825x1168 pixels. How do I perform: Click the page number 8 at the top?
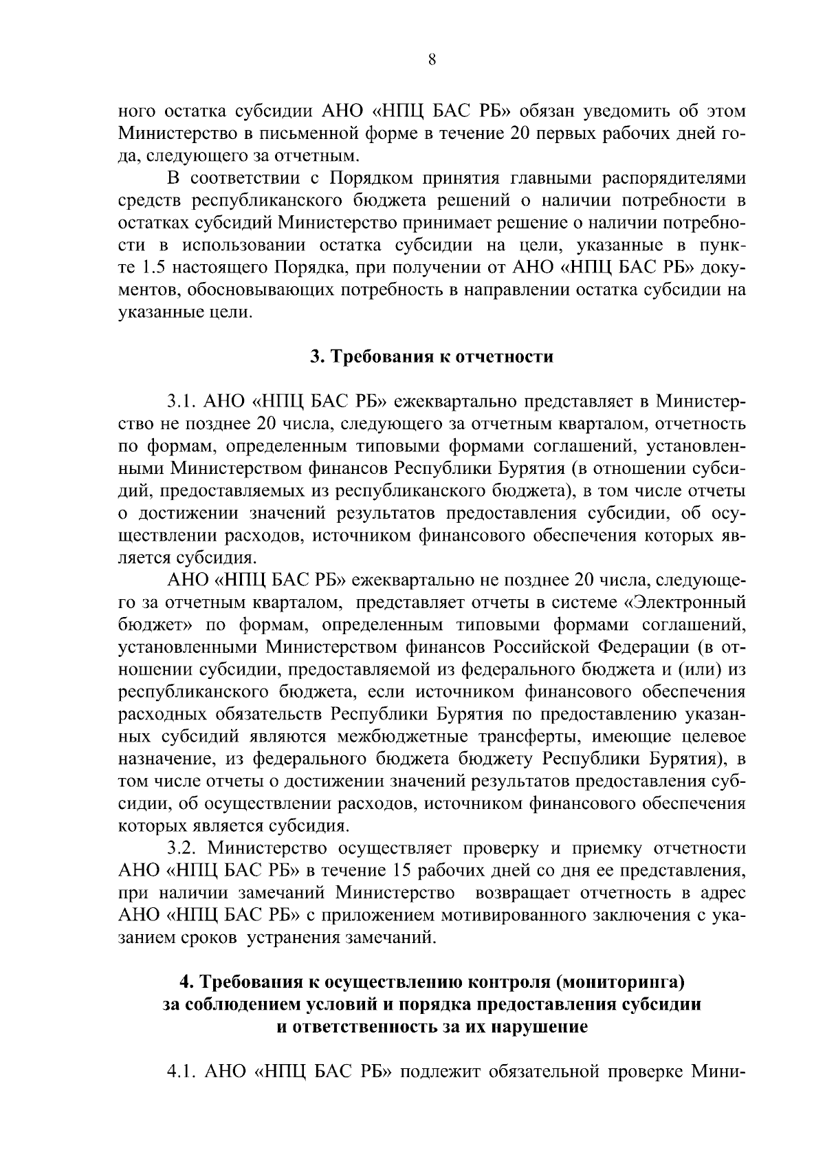point(432,60)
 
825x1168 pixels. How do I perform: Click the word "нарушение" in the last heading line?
point(545,1027)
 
